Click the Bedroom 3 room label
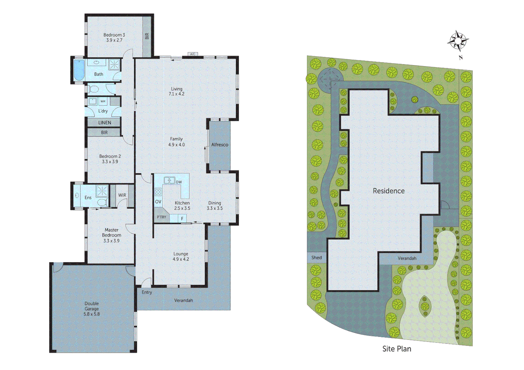(114, 35)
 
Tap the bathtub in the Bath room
(79, 70)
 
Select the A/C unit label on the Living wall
(193, 54)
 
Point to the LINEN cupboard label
(105, 123)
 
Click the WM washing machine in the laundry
(103, 101)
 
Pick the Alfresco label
(219, 145)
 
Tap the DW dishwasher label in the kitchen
(179, 182)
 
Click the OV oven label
(158, 202)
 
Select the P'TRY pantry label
(161, 217)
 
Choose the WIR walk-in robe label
(122, 195)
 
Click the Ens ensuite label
(88, 198)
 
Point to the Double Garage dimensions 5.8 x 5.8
(92, 314)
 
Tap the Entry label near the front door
(147, 292)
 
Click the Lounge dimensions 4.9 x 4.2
(181, 259)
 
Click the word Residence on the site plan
(389, 191)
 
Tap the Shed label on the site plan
(317, 258)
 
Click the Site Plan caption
(397, 349)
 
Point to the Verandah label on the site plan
(407, 258)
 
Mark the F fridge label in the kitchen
(182, 219)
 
